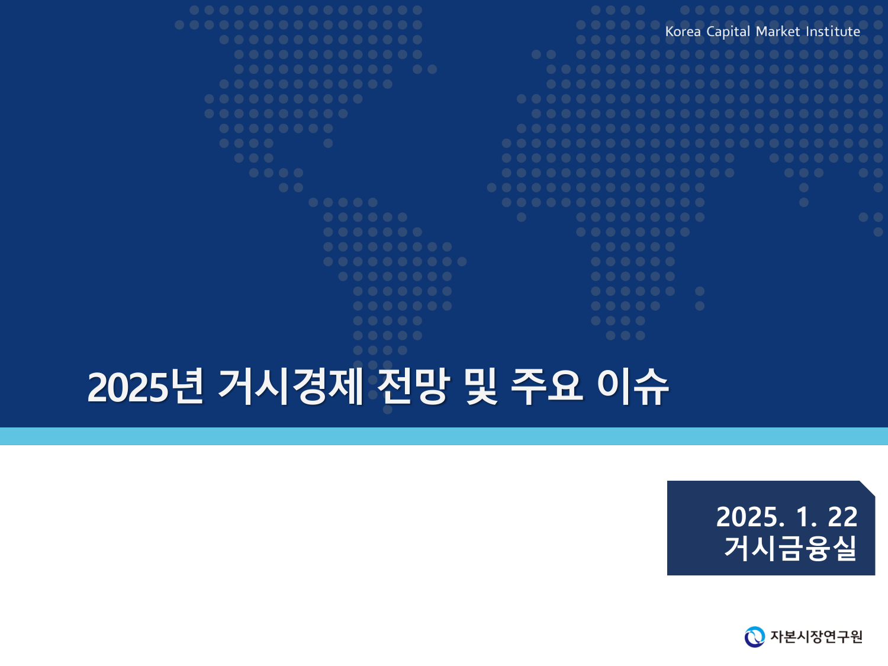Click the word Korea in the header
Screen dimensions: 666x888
[x=683, y=31]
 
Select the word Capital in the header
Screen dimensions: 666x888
[x=728, y=32]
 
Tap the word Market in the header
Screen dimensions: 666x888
[x=778, y=31]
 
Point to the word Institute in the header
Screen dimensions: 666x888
[x=833, y=31]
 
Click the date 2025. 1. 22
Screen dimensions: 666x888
[x=787, y=517]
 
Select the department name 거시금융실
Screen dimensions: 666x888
[x=790, y=548]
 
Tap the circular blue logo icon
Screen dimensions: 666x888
[x=754, y=637]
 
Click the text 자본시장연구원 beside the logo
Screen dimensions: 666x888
[x=816, y=637]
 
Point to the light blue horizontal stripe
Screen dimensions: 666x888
[x=444, y=436]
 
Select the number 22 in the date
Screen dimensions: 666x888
[x=842, y=517]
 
